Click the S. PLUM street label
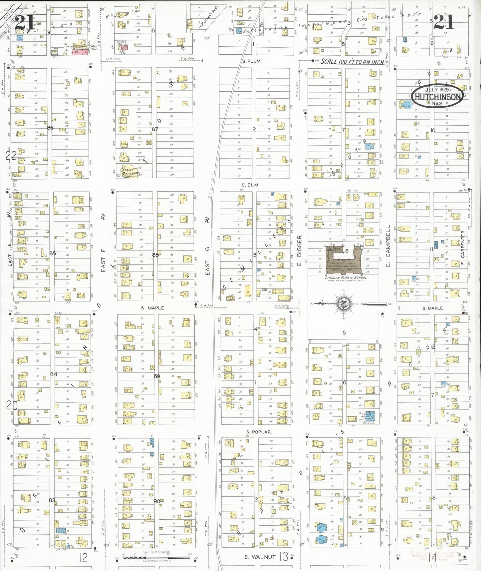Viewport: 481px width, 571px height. [251, 61]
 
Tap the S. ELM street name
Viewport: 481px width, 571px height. [250, 185]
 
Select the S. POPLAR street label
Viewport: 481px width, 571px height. [259, 432]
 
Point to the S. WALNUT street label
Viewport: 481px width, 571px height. [260, 557]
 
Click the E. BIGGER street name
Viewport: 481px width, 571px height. [299, 251]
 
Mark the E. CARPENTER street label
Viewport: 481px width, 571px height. [463, 247]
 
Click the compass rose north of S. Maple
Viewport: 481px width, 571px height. [343, 304]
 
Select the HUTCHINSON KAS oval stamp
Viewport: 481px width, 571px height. [437, 96]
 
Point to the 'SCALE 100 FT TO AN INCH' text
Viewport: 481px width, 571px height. [352, 62]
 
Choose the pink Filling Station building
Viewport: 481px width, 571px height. [124, 48]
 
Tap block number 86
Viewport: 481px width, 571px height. [50, 128]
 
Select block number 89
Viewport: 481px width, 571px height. [157, 376]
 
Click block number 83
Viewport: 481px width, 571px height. [52, 500]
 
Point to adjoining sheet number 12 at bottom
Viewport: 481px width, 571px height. [83, 557]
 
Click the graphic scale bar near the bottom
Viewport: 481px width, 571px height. [156, 557]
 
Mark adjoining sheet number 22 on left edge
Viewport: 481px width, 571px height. [11, 155]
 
